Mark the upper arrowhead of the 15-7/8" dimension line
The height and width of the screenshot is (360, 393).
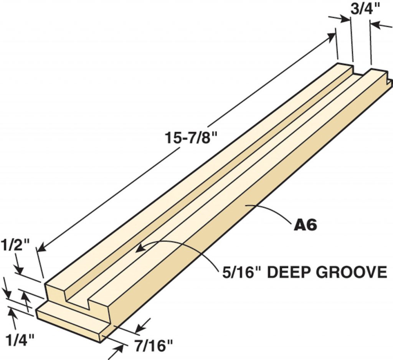pyautogui.click(x=331, y=36)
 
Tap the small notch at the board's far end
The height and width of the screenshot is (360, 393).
pyautogui.click(x=388, y=81)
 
